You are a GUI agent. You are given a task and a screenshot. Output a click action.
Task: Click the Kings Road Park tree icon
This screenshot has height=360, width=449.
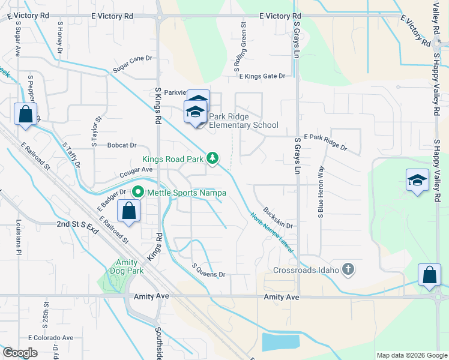(212, 158)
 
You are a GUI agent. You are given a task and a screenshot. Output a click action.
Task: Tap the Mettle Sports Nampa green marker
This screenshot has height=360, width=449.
(138, 193)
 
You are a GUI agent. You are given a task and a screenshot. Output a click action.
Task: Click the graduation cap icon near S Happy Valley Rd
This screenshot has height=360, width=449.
(417, 180)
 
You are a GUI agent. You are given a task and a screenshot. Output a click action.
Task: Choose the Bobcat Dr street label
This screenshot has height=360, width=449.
(122, 145)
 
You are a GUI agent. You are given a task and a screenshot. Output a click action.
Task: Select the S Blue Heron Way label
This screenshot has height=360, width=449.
(322, 191)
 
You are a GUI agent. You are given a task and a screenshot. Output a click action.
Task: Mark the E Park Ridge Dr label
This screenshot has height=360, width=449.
(325, 142)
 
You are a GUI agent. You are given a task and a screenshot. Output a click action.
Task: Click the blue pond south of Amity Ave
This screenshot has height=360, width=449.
(280, 342)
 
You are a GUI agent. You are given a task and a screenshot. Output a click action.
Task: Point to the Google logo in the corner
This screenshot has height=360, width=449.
(20, 353)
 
